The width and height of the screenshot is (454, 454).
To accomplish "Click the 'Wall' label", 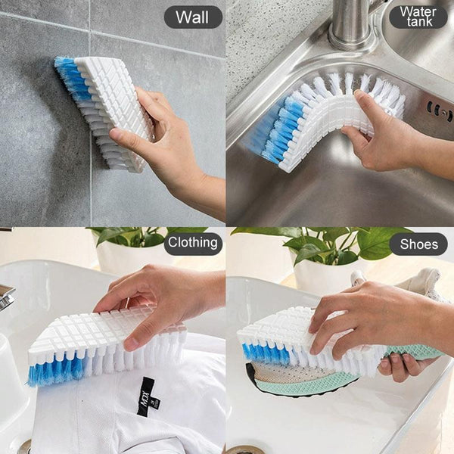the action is pyautogui.click(x=192, y=17).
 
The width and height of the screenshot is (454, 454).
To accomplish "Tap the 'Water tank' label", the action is pyautogui.click(x=418, y=17).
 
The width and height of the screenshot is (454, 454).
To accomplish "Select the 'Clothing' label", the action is pyautogui.click(x=193, y=242).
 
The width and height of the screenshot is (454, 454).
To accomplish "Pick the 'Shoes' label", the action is pyautogui.click(x=418, y=244).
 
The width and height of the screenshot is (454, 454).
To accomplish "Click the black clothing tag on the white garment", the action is pyautogui.click(x=148, y=396).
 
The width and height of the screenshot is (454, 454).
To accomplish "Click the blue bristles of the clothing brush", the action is pyautogui.click(x=58, y=372).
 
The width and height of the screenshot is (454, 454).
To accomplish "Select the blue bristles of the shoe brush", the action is pyautogui.click(x=264, y=353).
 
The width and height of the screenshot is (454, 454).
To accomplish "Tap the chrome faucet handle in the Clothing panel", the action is pyautogui.click(x=6, y=296).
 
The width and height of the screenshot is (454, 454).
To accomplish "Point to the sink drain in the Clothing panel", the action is pyautogui.click(x=26, y=447).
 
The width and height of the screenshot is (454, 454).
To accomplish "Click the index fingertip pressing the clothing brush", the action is pyautogui.click(x=131, y=344).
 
